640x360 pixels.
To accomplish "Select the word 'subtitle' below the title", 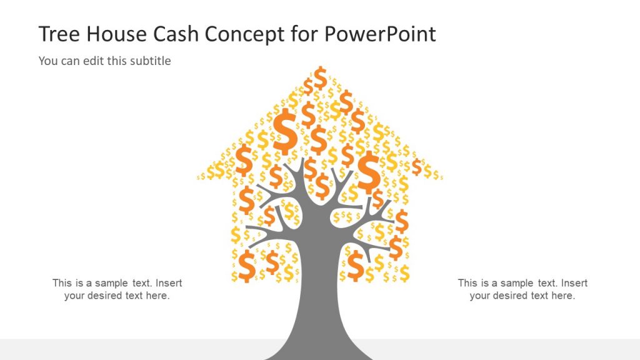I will (150, 61).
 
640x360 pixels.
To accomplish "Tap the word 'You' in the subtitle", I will (48, 61).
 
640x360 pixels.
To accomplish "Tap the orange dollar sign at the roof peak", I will (320, 77).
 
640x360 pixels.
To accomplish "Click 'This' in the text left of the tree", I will (62, 283).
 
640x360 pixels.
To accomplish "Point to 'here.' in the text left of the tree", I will (157, 296).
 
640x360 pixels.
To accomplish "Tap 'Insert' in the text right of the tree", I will (574, 283).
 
